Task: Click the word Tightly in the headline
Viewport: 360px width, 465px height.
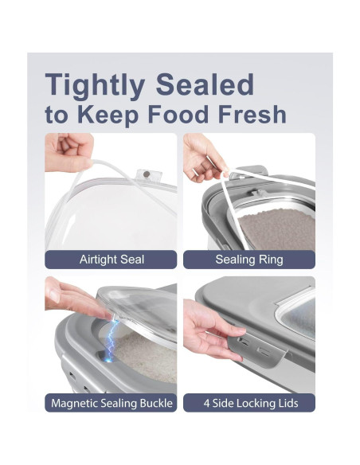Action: click(95, 84)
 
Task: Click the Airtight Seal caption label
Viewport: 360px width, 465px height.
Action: click(111, 260)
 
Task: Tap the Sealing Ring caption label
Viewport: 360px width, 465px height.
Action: click(249, 260)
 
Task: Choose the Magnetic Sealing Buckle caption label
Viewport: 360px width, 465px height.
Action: click(111, 403)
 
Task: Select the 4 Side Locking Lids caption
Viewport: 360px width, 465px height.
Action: click(249, 403)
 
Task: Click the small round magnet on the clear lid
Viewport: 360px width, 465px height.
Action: click(147, 174)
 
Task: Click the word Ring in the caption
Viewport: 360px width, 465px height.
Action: click(270, 260)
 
